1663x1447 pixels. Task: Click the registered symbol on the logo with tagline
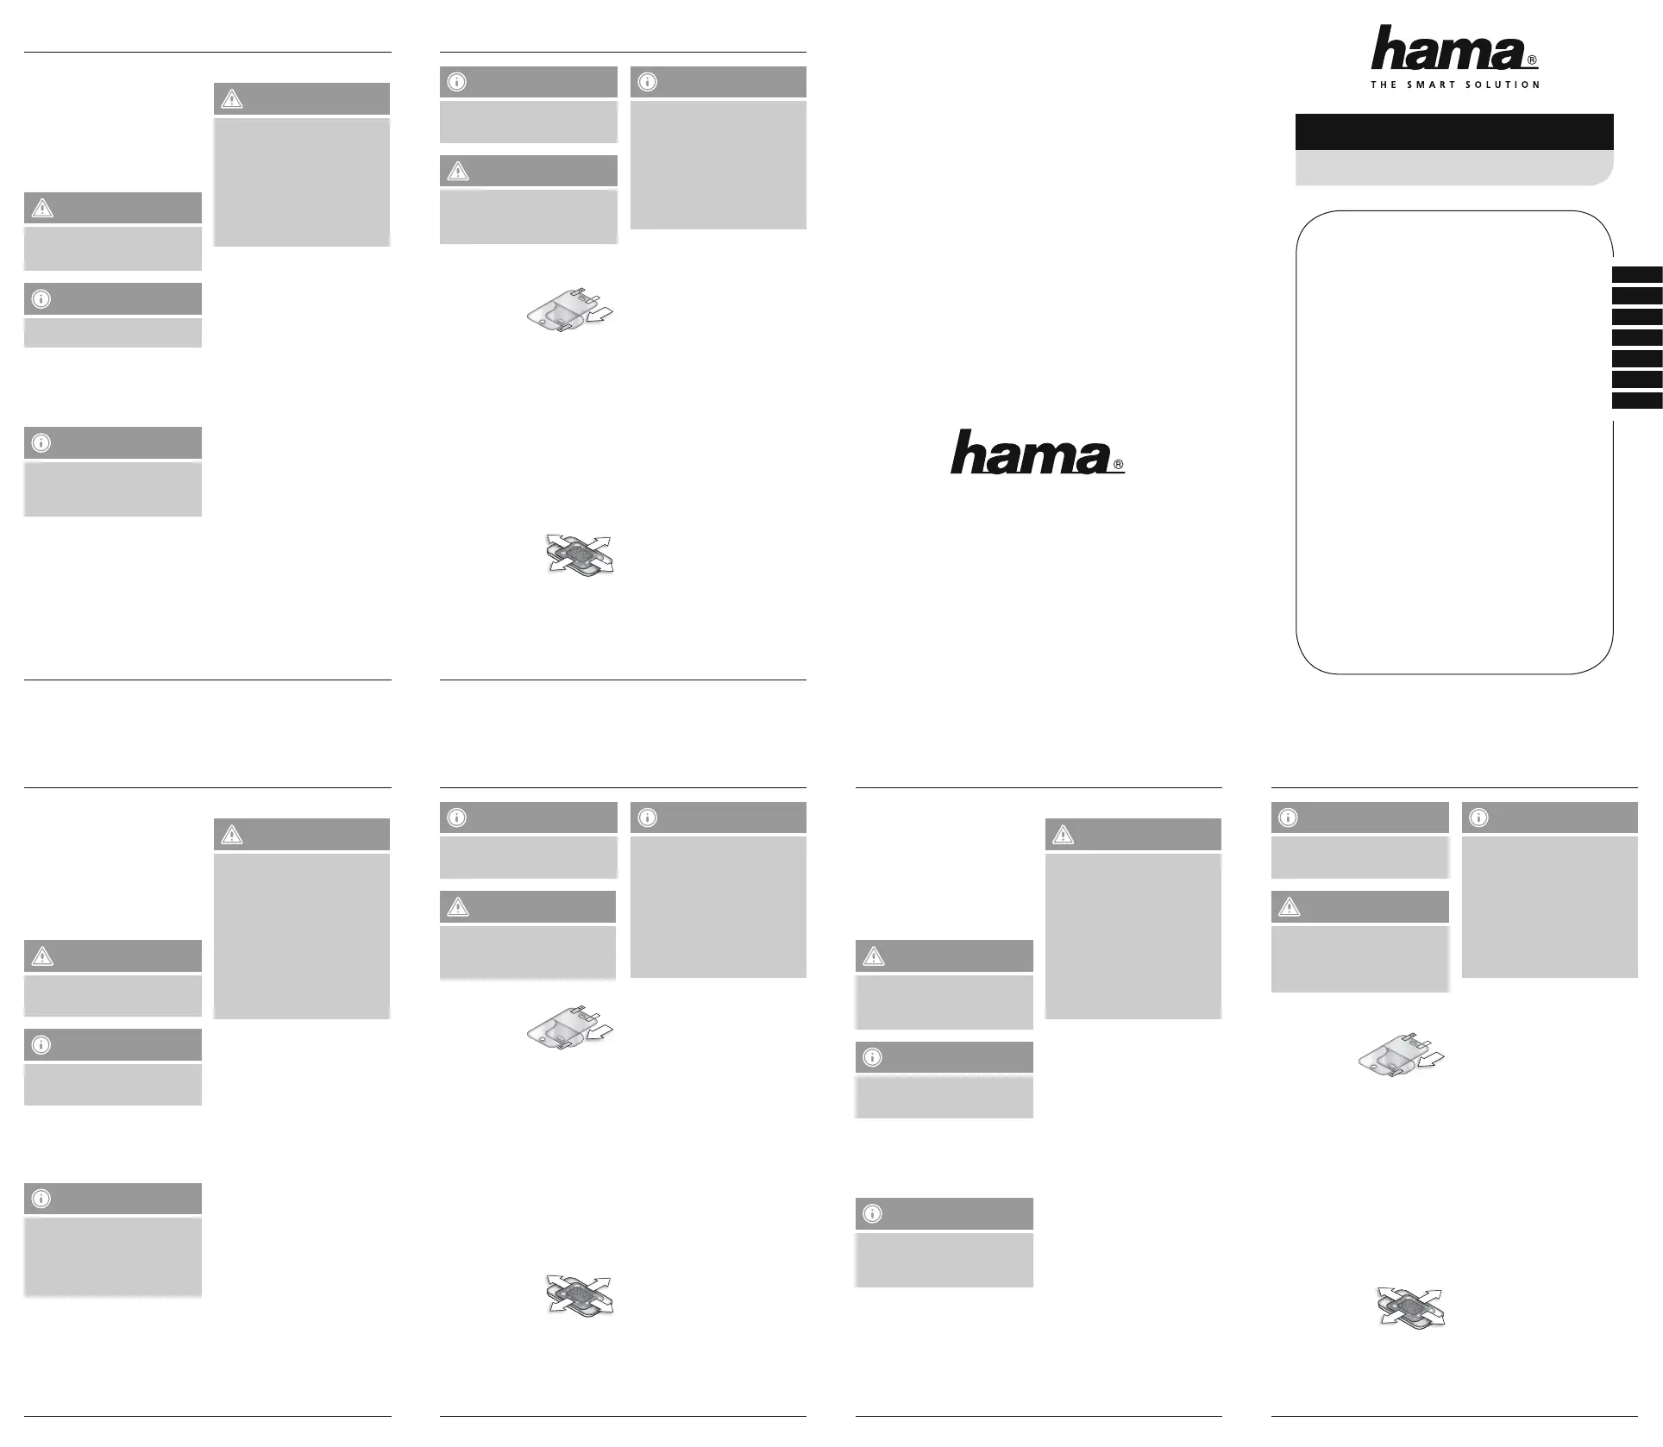point(1532,61)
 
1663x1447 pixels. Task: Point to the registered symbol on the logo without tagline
point(1119,465)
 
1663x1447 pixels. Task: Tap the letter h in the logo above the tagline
point(1390,49)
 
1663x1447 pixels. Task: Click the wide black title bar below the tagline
point(1453,132)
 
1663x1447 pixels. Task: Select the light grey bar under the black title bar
point(1453,168)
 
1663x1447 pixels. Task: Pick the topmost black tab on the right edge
point(1637,275)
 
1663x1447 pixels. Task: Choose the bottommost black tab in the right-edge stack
point(1637,401)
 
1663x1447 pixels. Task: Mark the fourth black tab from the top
point(1637,338)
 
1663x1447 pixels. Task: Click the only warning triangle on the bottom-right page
point(1289,907)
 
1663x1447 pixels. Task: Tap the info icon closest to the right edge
point(1478,817)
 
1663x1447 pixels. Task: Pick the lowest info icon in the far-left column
point(41,1199)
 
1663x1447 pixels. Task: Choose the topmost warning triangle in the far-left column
point(41,208)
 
